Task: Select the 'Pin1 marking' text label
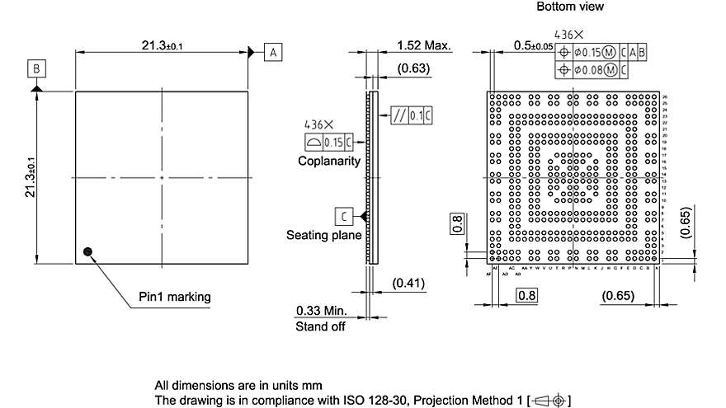click(174, 297)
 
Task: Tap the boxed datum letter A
click(273, 52)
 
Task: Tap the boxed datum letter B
click(35, 67)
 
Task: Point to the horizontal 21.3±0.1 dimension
click(162, 45)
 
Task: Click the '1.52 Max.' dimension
click(423, 45)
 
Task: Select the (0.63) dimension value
click(413, 68)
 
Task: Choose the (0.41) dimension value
click(408, 284)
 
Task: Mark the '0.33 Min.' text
click(322, 312)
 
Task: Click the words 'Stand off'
click(320, 326)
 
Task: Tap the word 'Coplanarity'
click(329, 162)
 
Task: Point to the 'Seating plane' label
click(323, 235)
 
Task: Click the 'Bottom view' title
click(569, 7)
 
